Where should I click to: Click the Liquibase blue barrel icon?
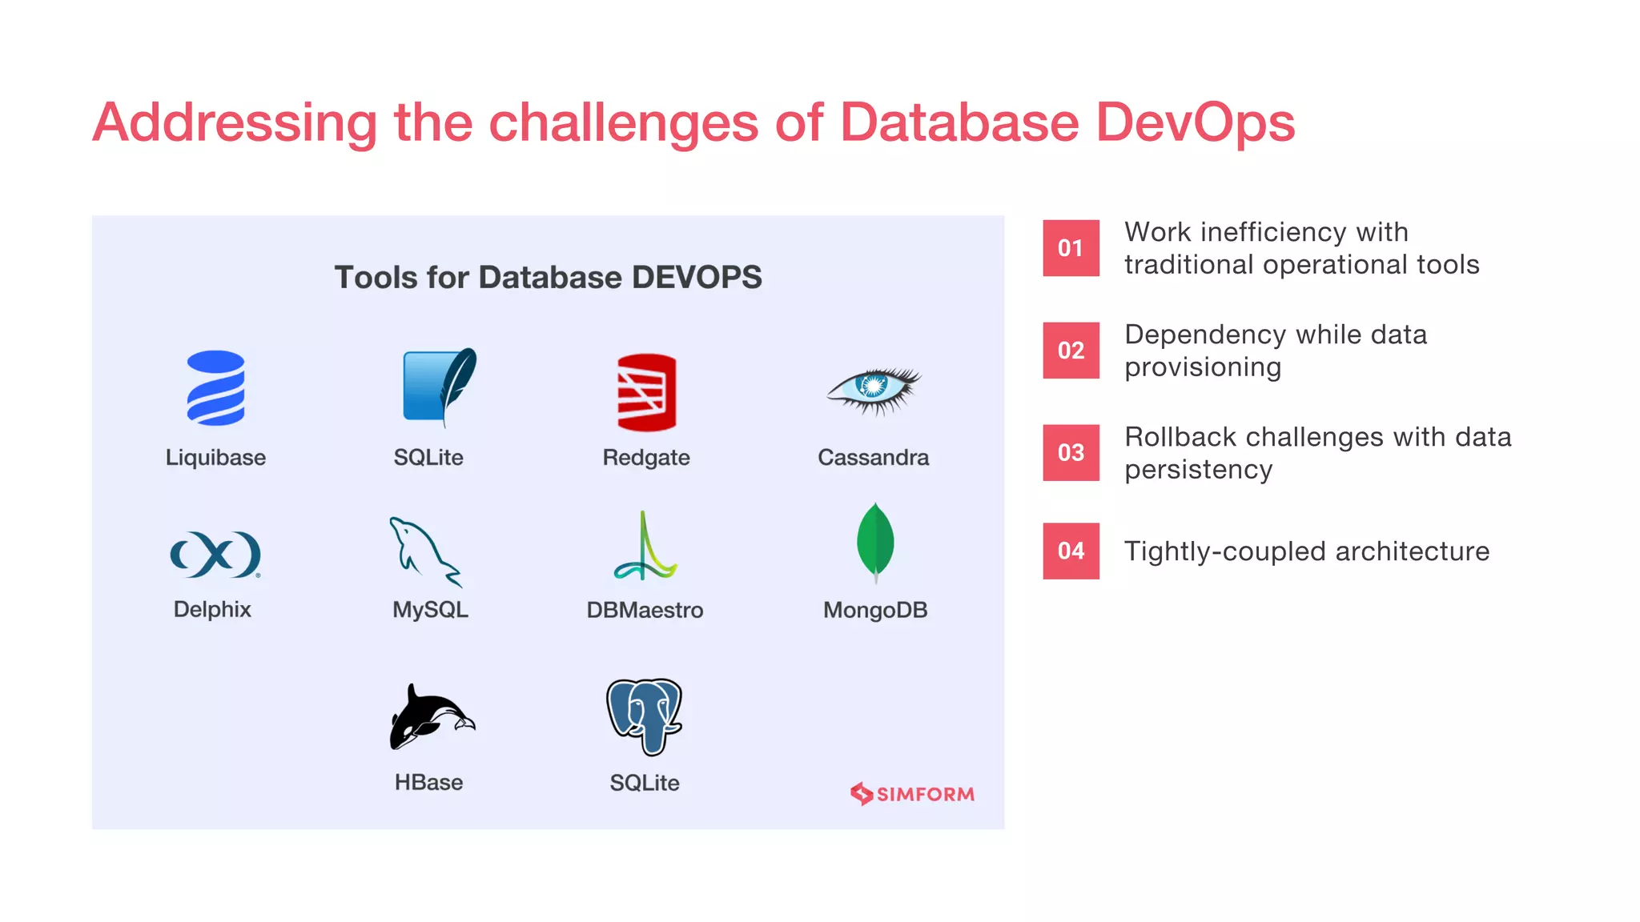click(215, 388)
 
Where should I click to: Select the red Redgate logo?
click(646, 392)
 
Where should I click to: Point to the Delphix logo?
click(215, 554)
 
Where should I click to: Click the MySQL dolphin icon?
click(424, 551)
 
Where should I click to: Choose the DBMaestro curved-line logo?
click(645, 548)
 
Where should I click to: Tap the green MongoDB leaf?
click(875, 542)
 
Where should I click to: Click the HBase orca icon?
click(431, 716)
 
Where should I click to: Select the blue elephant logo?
click(645, 716)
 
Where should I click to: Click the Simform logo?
click(912, 794)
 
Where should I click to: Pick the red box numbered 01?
click(1071, 248)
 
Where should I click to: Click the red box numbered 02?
click(1071, 351)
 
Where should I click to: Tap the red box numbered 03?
click(1071, 453)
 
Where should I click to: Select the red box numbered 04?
click(1071, 551)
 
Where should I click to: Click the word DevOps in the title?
click(1194, 122)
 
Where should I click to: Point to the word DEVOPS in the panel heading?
click(697, 278)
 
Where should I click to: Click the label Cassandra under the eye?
click(873, 458)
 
